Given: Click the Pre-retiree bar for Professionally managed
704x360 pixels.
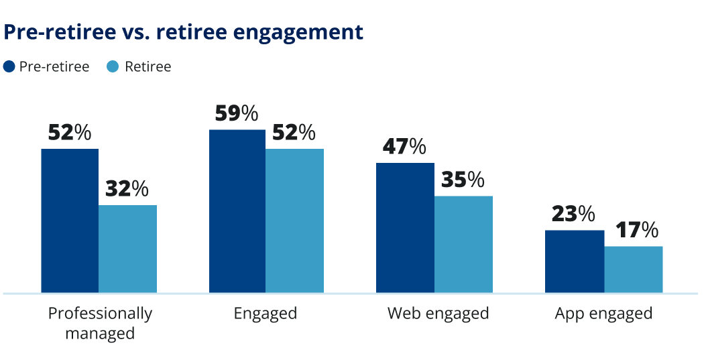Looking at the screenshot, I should coord(70,221).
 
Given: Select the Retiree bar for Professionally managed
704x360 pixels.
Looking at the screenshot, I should coord(127,249).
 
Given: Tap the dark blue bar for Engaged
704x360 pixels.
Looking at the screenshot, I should coord(237,211).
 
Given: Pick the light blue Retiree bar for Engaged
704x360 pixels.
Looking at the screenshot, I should coord(294,221).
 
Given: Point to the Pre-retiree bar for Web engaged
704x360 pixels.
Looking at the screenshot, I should coord(405,228).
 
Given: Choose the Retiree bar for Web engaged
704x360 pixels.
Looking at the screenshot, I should coord(463,244).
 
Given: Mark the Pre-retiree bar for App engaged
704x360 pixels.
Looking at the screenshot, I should coord(574,261).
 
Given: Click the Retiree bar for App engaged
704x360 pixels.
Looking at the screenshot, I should coord(633,269).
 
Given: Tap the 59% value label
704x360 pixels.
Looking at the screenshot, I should coord(237,113).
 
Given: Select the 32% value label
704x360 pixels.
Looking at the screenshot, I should coord(127,189).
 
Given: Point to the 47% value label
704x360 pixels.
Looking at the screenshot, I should coord(404,147).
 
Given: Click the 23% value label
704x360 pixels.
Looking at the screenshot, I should coord(573,214).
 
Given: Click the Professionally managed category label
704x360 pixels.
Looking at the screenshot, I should coord(100,322).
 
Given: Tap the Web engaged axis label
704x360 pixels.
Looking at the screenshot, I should coord(438,313).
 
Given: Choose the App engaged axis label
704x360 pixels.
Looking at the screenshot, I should coord(603,313).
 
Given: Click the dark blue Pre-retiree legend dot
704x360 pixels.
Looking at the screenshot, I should coord(9,66).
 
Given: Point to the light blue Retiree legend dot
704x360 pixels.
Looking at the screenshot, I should coord(113,66).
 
